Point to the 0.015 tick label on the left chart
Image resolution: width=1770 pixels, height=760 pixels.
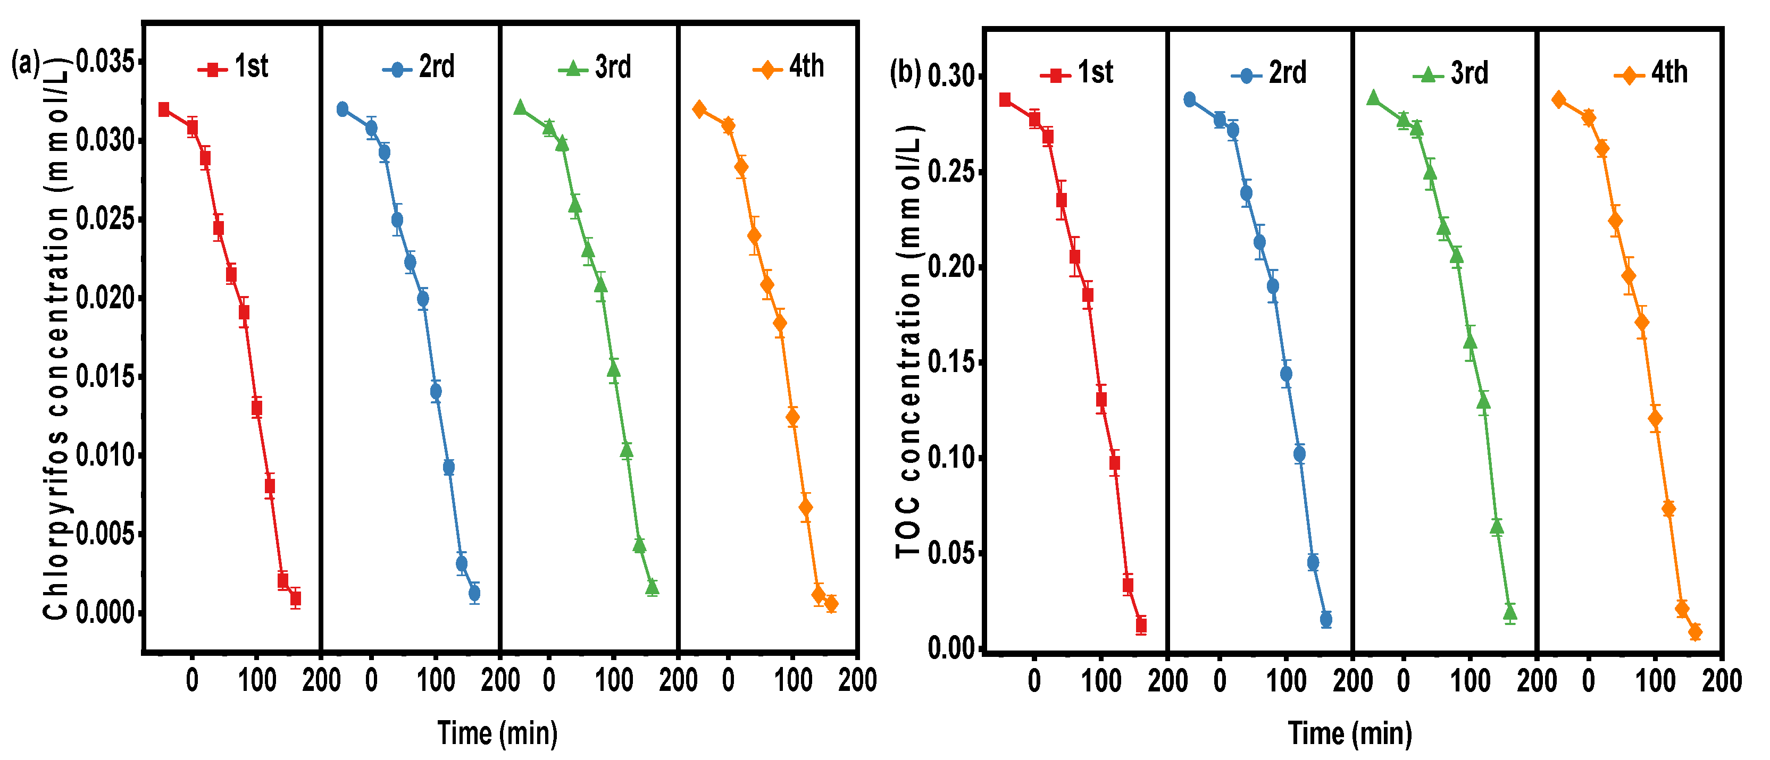tap(104, 377)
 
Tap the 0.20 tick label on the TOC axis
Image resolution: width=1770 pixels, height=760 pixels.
tap(951, 267)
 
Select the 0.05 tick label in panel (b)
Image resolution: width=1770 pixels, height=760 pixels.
tap(951, 553)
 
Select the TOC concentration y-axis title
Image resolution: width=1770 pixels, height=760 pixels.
tap(908, 343)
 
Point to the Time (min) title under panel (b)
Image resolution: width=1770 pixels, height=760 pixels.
tap(1350, 733)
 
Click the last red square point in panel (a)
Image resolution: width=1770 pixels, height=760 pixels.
tap(296, 598)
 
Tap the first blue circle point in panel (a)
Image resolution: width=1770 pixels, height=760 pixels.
tap(342, 109)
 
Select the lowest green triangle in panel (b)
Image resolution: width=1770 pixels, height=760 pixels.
tap(1509, 612)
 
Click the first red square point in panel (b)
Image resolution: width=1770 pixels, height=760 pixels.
tap(1005, 99)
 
